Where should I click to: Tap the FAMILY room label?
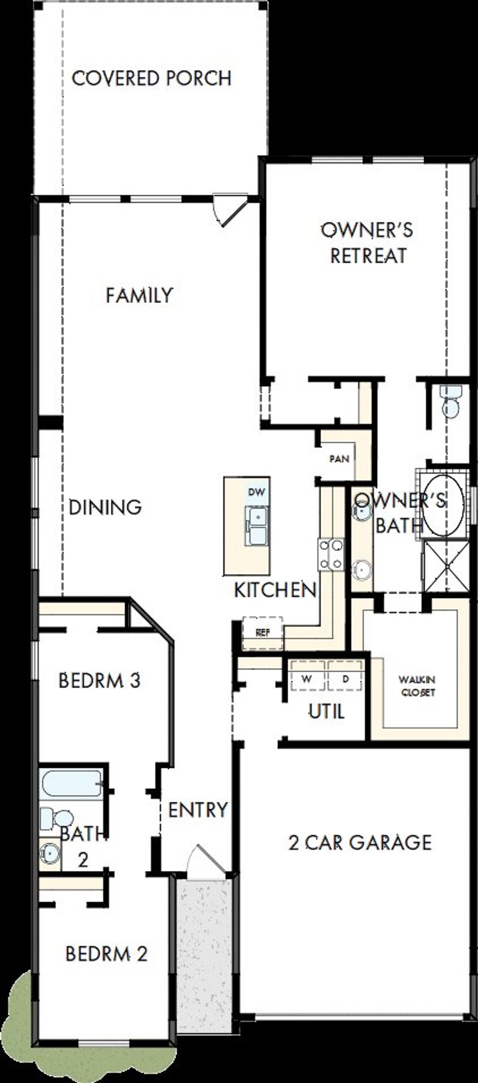[139, 295]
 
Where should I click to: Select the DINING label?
[105, 508]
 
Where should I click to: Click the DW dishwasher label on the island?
[257, 492]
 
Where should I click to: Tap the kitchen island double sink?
[257, 525]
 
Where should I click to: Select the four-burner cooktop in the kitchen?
[331, 554]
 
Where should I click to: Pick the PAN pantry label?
[339, 459]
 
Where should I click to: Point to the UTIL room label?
[327, 712]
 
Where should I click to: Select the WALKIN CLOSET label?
[417, 686]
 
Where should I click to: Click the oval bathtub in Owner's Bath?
[442, 505]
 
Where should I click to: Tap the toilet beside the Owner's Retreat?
[451, 403]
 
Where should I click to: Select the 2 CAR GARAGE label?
[360, 842]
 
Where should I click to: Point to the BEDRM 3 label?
[99, 681]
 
